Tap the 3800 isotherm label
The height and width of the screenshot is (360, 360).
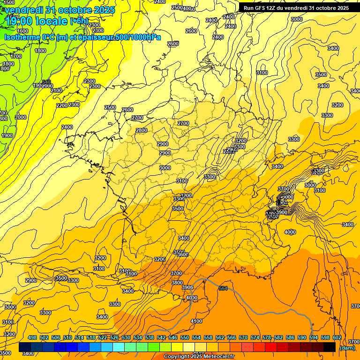177,283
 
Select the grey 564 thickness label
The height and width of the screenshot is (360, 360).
223,288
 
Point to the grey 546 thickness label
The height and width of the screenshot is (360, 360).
46,82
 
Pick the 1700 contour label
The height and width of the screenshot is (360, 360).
16,56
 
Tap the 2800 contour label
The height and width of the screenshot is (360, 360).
142,130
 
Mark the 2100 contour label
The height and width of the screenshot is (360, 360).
56,90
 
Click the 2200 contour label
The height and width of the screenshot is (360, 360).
62,105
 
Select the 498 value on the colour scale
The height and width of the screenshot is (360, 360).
32,338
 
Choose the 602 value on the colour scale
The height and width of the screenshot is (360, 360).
337,338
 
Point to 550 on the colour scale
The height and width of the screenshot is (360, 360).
185,338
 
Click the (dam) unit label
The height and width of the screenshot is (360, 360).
347,348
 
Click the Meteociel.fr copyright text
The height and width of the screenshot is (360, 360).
200,357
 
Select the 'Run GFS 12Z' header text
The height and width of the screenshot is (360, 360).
263,7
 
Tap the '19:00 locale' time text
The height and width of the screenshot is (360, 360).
37,21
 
